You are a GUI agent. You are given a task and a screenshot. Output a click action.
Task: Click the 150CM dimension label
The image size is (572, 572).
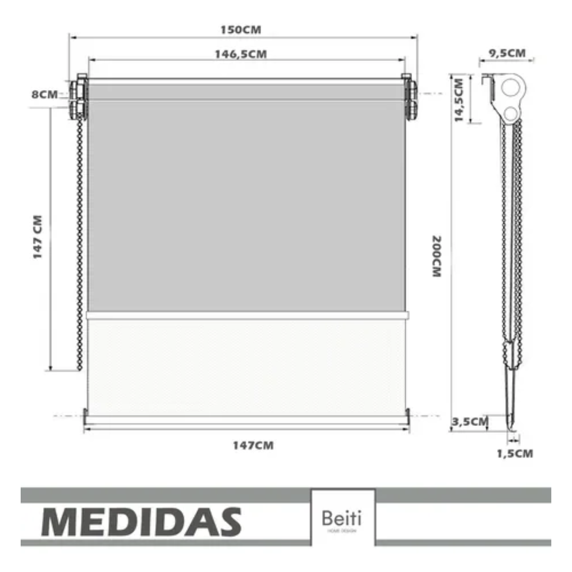click(241, 30)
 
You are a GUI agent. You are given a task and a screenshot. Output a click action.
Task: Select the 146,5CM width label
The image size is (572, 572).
click(240, 55)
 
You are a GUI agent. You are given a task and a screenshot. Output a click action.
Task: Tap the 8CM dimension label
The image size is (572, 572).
click(44, 95)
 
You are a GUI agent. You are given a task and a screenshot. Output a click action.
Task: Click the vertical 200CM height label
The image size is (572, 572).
click(436, 257)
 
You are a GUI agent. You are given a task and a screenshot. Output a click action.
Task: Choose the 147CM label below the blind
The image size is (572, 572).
click(253, 446)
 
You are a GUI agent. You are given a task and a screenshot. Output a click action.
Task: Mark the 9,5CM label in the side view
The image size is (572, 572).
click(507, 53)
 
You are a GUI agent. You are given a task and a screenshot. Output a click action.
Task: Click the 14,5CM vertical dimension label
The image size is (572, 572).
click(459, 100)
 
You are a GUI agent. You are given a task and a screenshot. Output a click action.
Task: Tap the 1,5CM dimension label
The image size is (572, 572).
click(515, 454)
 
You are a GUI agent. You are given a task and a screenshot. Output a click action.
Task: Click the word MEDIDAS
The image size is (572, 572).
click(141, 522)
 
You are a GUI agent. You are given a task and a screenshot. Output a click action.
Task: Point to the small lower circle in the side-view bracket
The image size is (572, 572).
click(510, 113)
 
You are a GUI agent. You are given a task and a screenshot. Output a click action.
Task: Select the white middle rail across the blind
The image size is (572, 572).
click(247, 316)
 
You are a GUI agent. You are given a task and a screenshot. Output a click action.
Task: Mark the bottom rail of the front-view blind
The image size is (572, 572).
click(246, 420)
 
